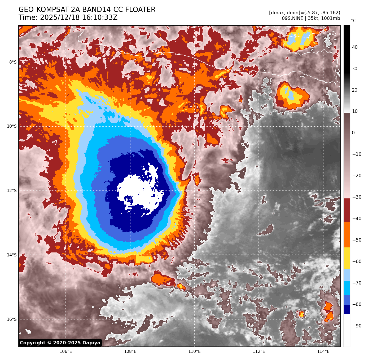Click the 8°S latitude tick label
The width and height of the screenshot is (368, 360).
(13, 62)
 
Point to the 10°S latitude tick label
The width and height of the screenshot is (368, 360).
(12, 126)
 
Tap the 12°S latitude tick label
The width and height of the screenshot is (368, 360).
(12, 191)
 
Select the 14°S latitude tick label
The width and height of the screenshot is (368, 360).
(12, 255)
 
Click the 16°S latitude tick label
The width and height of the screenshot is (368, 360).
(12, 319)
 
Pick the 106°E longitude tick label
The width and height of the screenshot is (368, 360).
(66, 352)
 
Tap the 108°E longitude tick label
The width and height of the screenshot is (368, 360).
(130, 352)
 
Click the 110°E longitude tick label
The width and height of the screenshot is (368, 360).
(194, 352)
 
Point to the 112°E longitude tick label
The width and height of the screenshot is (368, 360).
(259, 352)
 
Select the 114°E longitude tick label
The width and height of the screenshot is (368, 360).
(323, 352)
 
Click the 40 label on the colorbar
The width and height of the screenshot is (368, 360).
(355, 47)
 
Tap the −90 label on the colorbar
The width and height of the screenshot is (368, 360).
(357, 326)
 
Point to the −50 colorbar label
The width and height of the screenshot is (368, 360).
(357, 240)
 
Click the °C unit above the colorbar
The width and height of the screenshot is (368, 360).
(353, 21)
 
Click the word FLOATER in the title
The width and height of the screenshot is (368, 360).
(140, 10)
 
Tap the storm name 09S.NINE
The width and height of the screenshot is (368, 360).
(292, 18)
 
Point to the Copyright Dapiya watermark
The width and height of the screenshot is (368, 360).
(60, 343)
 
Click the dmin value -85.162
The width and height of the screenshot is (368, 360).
(329, 13)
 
